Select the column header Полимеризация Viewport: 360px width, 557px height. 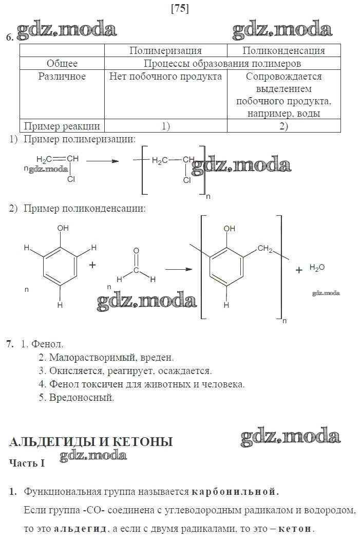click(x=165, y=50)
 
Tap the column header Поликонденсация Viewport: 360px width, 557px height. click(x=283, y=50)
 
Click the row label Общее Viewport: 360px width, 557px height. click(x=62, y=63)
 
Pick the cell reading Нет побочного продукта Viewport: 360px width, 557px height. click(x=165, y=77)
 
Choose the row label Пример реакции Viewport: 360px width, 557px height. click(x=62, y=126)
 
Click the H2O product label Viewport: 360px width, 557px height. click(x=317, y=268)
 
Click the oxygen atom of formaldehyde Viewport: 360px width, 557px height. click(x=136, y=251)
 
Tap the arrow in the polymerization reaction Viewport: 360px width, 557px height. click(x=102, y=161)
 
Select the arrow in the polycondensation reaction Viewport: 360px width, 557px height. click(x=174, y=269)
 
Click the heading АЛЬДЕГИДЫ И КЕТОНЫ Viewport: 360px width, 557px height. click(x=91, y=442)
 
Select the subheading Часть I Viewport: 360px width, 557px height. click(x=27, y=463)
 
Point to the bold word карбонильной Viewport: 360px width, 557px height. click(x=235, y=492)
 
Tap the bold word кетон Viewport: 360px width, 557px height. click(x=295, y=529)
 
